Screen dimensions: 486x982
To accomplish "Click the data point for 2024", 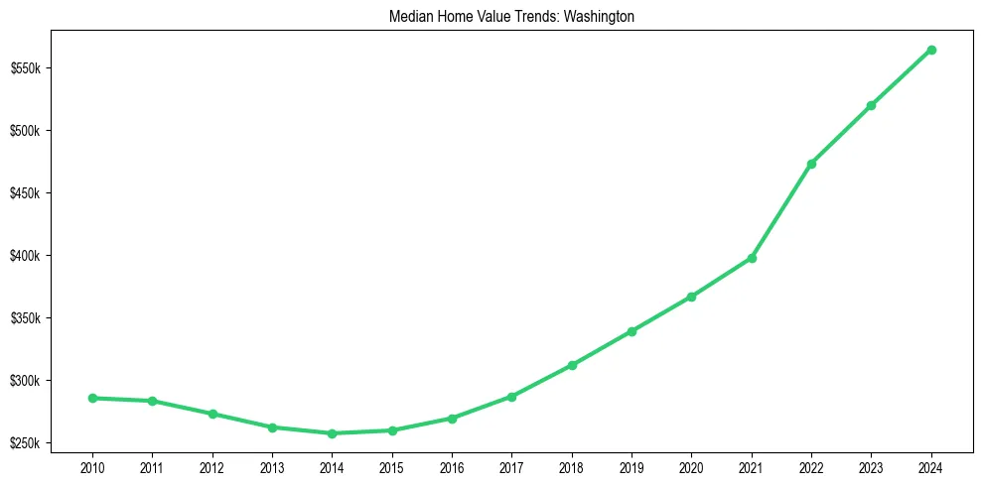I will [x=931, y=50].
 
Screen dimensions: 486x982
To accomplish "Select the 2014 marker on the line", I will [x=332, y=433].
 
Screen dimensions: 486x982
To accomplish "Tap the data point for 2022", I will [x=811, y=164].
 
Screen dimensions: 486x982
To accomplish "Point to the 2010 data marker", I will [x=92, y=398].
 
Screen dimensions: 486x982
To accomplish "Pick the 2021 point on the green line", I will [x=752, y=258].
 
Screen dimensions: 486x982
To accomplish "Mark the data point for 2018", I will [x=572, y=365].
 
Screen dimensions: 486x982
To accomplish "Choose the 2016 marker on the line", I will [x=452, y=419].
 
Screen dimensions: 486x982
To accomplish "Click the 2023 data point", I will [x=871, y=105].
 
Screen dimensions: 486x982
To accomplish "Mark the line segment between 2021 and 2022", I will [x=781, y=211].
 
